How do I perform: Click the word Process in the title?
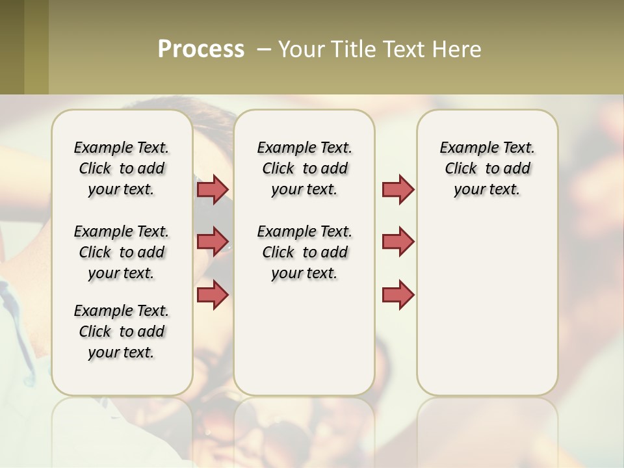coord(201,49)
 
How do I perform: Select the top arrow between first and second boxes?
coord(213,189)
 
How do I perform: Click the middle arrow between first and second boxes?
coord(213,241)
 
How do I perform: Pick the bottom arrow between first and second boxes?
coord(213,294)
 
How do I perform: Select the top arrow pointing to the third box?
coord(398,189)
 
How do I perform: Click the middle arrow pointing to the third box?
coord(398,241)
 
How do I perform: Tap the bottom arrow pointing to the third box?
coord(398,294)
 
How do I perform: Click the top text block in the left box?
coord(122,168)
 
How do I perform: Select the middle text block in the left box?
coord(122,252)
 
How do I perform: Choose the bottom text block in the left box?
coord(122,331)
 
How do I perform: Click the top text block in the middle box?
coord(305,168)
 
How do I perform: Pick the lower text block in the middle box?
coord(305,252)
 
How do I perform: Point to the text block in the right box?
coord(487,168)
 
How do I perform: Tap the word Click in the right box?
coord(461,168)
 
